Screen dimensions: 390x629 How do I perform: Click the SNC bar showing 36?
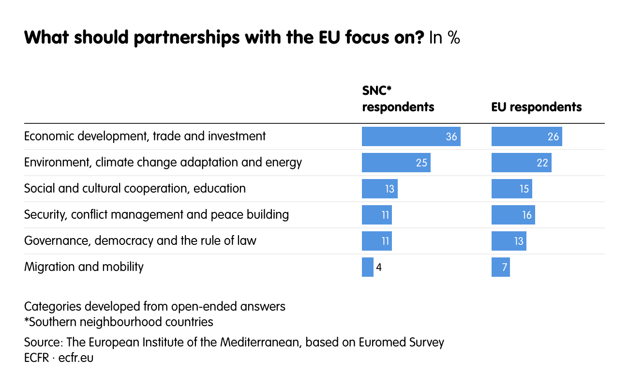pyautogui.click(x=411, y=136)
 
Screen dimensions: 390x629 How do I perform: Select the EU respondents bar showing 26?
pyautogui.click(x=526, y=136)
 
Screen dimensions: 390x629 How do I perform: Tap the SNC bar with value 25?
pyautogui.click(x=396, y=163)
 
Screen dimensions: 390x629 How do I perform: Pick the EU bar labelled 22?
pyautogui.click(x=521, y=163)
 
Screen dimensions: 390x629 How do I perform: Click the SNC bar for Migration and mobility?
pyautogui.click(x=368, y=267)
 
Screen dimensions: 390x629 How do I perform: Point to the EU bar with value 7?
pyautogui.click(x=500, y=267)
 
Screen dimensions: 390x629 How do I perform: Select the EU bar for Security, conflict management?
pyautogui.click(x=513, y=215)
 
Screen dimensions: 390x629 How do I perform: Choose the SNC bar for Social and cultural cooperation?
pyautogui.click(x=379, y=189)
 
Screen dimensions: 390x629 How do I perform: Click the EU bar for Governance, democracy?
pyautogui.click(x=509, y=241)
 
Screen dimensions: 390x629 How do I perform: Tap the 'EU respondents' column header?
pyautogui.click(x=536, y=106)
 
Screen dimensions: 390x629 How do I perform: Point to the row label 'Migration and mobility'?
pyautogui.click(x=84, y=267)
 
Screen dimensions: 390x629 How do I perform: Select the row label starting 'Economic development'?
pyautogui.click(x=145, y=136)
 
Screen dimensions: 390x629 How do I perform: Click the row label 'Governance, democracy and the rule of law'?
pyautogui.click(x=140, y=240)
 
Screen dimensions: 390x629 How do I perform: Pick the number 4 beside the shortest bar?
pyautogui.click(x=379, y=267)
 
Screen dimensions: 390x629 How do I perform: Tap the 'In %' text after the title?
pyautogui.click(x=444, y=38)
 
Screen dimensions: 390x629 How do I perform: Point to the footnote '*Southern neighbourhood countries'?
pyautogui.click(x=119, y=322)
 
